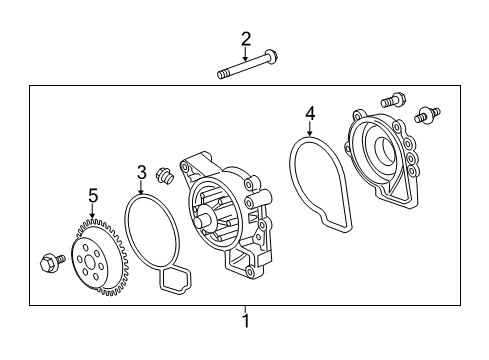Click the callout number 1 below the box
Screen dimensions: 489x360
246,321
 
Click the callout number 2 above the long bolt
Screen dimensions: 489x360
246,39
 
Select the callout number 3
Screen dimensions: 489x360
142,173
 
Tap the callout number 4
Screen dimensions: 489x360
310,114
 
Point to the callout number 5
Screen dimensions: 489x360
93,196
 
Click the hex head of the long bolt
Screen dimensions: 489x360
272,57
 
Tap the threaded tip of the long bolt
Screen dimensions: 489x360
222,74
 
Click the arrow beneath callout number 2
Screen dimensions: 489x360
246,54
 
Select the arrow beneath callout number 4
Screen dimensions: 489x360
310,129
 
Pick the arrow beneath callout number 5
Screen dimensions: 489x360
93,211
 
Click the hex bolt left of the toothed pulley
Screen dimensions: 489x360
52,262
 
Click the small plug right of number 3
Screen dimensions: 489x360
164,175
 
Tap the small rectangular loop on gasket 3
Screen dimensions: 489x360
176,280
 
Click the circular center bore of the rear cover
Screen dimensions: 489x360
385,147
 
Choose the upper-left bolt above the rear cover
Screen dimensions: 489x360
393,100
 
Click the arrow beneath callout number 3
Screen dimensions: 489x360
141,188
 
